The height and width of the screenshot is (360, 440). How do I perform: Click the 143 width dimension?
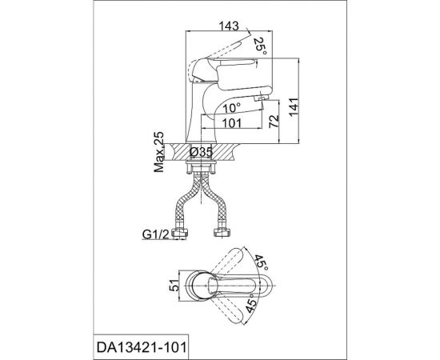pos(229,26)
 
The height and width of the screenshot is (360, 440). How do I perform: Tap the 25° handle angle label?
pos(260,46)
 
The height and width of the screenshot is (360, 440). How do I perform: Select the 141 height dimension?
pos(294,107)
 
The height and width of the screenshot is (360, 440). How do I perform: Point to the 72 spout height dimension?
pos(274,122)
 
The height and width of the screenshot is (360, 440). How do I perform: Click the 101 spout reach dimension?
pos(232,123)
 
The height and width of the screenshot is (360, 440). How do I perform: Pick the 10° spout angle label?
pos(231,107)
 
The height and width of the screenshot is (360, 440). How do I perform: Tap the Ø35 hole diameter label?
pos(201,152)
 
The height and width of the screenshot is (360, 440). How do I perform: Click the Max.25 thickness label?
pos(159,152)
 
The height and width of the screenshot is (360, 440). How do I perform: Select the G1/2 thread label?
pos(156,234)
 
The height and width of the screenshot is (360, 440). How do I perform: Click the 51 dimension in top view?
pos(175,286)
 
